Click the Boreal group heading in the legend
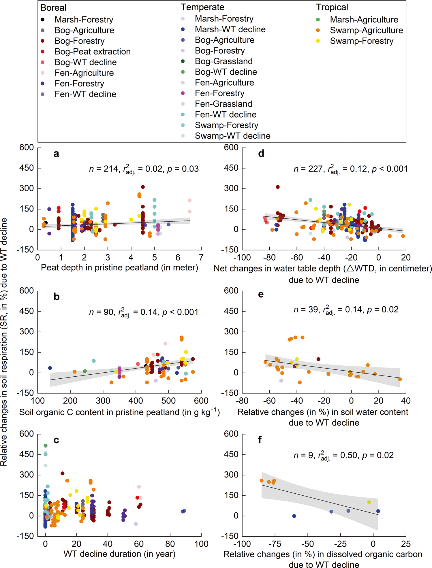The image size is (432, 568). (x=53, y=7)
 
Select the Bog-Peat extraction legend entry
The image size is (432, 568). (x=93, y=52)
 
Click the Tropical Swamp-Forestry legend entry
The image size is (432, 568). (x=361, y=41)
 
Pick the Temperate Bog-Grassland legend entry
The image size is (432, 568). (x=223, y=61)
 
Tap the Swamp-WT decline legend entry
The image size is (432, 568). (x=232, y=136)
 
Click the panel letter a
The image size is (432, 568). (x=56, y=154)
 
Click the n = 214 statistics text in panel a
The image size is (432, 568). (x=144, y=169)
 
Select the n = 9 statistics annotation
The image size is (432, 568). (x=343, y=456)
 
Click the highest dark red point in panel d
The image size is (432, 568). (x=278, y=187)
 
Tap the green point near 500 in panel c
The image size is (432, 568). (x=46, y=446)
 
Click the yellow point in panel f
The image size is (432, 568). (x=369, y=502)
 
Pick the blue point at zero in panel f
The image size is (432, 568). (x=294, y=516)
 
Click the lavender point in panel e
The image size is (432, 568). (x=281, y=381)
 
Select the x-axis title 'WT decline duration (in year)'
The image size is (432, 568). (x=119, y=554)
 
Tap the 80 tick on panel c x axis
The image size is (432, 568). (x=170, y=544)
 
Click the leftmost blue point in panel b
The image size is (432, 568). (x=50, y=368)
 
